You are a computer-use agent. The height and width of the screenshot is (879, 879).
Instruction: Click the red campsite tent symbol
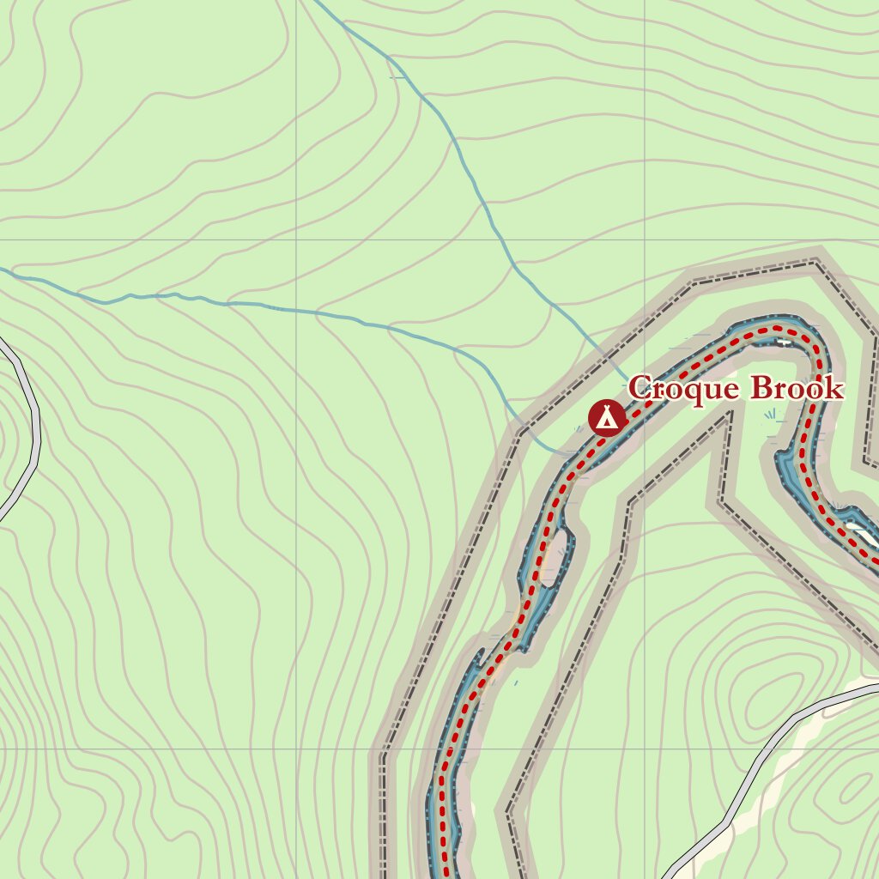pyautogui.click(x=607, y=418)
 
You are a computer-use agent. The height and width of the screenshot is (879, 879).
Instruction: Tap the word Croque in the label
pyautogui.click(x=683, y=389)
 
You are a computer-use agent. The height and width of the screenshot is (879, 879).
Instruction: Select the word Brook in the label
pyautogui.click(x=797, y=389)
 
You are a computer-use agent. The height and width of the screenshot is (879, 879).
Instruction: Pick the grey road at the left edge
pyautogui.click(x=34, y=429)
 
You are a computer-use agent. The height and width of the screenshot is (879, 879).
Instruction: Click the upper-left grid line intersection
pyautogui.click(x=296, y=240)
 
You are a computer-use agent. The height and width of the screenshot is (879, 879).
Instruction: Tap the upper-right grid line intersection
pyautogui.click(x=645, y=240)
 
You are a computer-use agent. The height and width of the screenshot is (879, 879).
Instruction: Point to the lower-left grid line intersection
pyautogui.click(x=296, y=749)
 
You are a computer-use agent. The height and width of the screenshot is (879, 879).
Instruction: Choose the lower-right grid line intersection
pyautogui.click(x=645, y=749)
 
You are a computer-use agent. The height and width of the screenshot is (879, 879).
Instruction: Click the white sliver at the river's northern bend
pyautogui.click(x=783, y=342)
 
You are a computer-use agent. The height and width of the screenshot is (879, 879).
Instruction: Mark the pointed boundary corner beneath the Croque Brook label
pyautogui.click(x=731, y=413)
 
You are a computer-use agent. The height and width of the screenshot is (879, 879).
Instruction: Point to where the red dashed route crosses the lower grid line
pyautogui.click(x=446, y=749)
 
